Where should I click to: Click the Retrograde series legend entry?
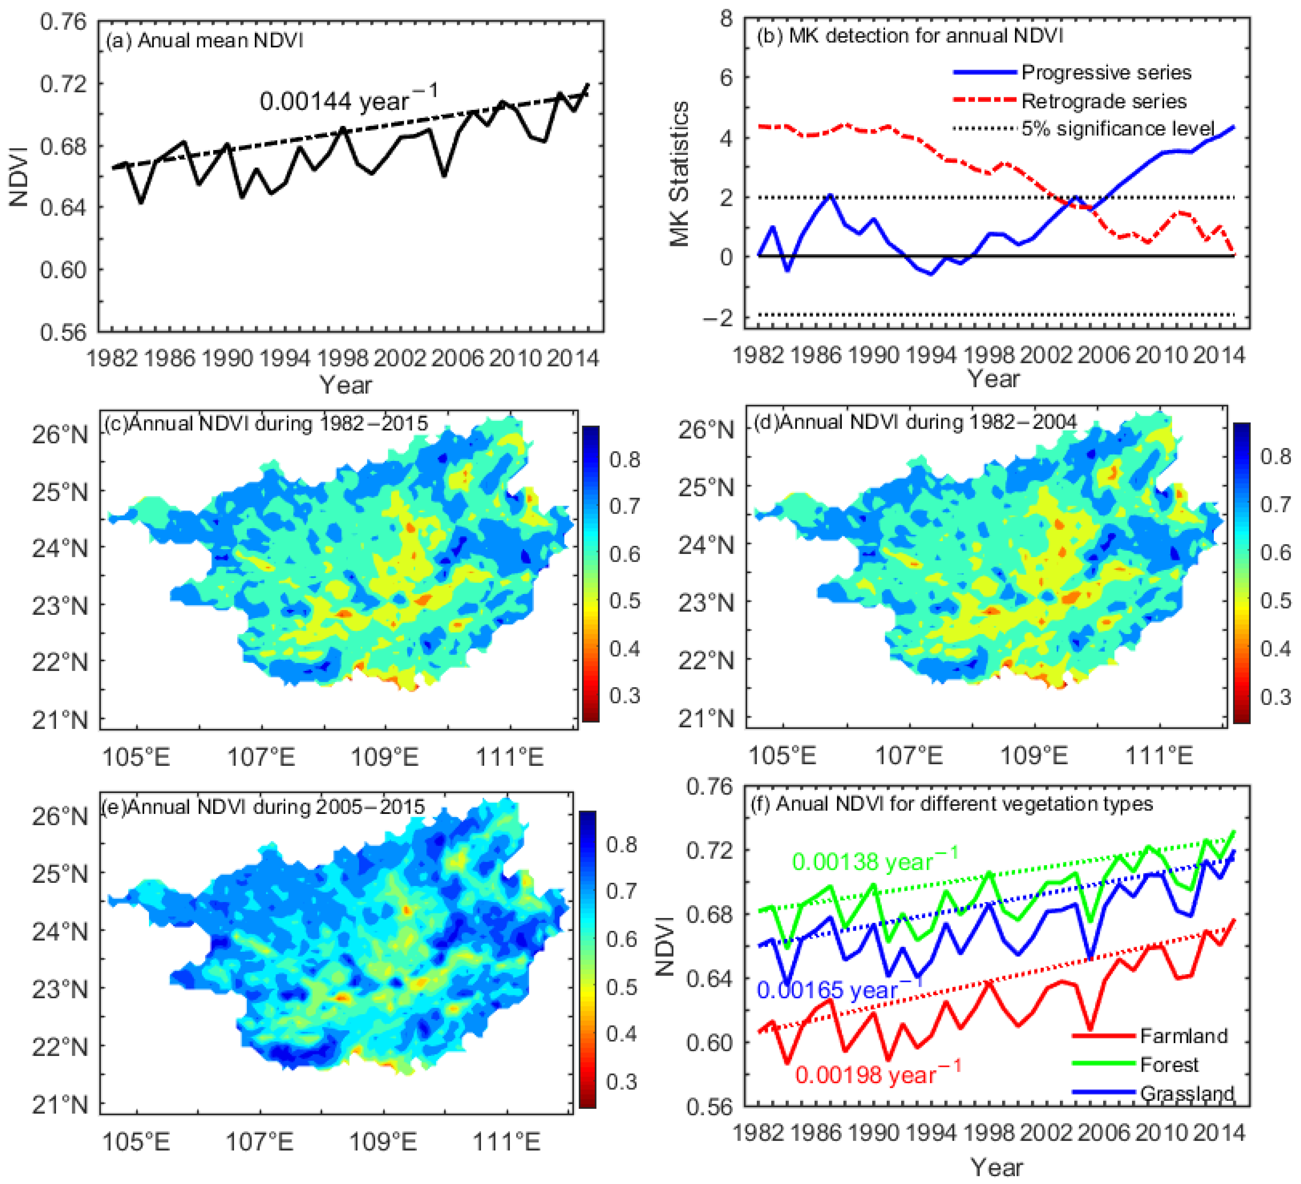tap(1103, 101)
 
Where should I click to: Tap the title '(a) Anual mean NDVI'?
tap(204, 41)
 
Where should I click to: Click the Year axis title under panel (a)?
tap(346, 385)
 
